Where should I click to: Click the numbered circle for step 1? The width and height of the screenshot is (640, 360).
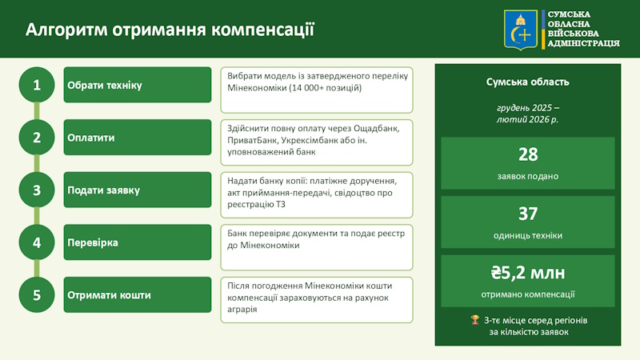37,85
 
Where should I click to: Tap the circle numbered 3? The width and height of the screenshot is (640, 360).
37,190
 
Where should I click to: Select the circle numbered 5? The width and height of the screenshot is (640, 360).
37,294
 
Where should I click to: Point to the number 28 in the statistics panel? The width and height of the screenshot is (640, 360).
528,154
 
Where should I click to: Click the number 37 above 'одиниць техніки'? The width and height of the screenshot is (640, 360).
528,214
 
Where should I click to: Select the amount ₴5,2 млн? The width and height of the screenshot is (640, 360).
528,273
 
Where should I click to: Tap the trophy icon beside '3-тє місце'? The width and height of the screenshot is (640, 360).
474,319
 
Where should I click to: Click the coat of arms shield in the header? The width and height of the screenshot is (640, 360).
521,30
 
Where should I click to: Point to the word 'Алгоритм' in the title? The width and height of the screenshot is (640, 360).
66,30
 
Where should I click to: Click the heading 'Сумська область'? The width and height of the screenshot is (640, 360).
528,82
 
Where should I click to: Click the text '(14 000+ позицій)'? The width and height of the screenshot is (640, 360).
326,88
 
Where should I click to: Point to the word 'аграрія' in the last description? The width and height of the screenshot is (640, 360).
242,310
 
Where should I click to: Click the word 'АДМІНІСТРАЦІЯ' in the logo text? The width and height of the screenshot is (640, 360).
584,43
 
